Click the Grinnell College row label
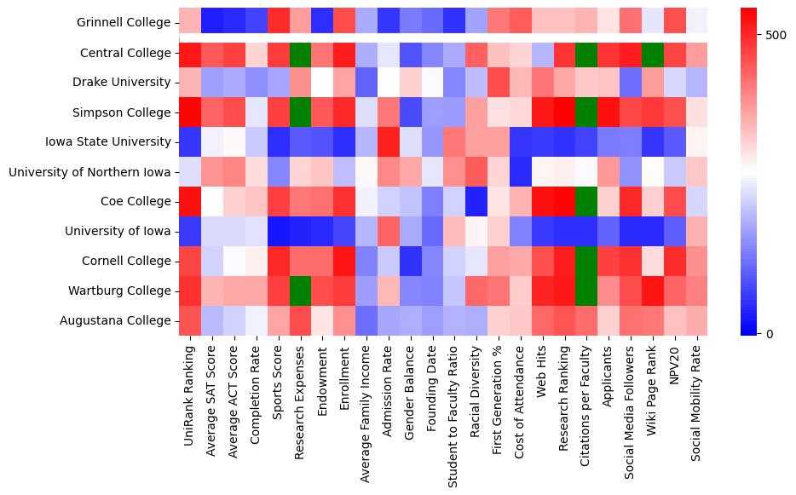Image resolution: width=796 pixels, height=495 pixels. click(x=124, y=23)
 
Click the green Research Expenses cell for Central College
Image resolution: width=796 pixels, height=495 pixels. click(x=300, y=53)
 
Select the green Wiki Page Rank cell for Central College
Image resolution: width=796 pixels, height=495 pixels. click(x=653, y=53)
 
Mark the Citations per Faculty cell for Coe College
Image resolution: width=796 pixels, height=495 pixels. click(x=586, y=201)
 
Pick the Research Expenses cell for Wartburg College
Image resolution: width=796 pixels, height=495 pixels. click(x=300, y=291)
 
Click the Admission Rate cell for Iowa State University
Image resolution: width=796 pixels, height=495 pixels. click(x=389, y=142)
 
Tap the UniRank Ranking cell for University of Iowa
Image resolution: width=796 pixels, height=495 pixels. click(x=190, y=231)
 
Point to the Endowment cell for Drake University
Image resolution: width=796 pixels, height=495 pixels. click(x=322, y=83)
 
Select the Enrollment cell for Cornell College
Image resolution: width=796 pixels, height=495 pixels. click(x=344, y=261)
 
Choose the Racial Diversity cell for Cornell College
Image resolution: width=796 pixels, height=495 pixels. click(x=476, y=261)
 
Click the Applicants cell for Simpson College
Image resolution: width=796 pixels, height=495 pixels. click(x=609, y=112)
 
